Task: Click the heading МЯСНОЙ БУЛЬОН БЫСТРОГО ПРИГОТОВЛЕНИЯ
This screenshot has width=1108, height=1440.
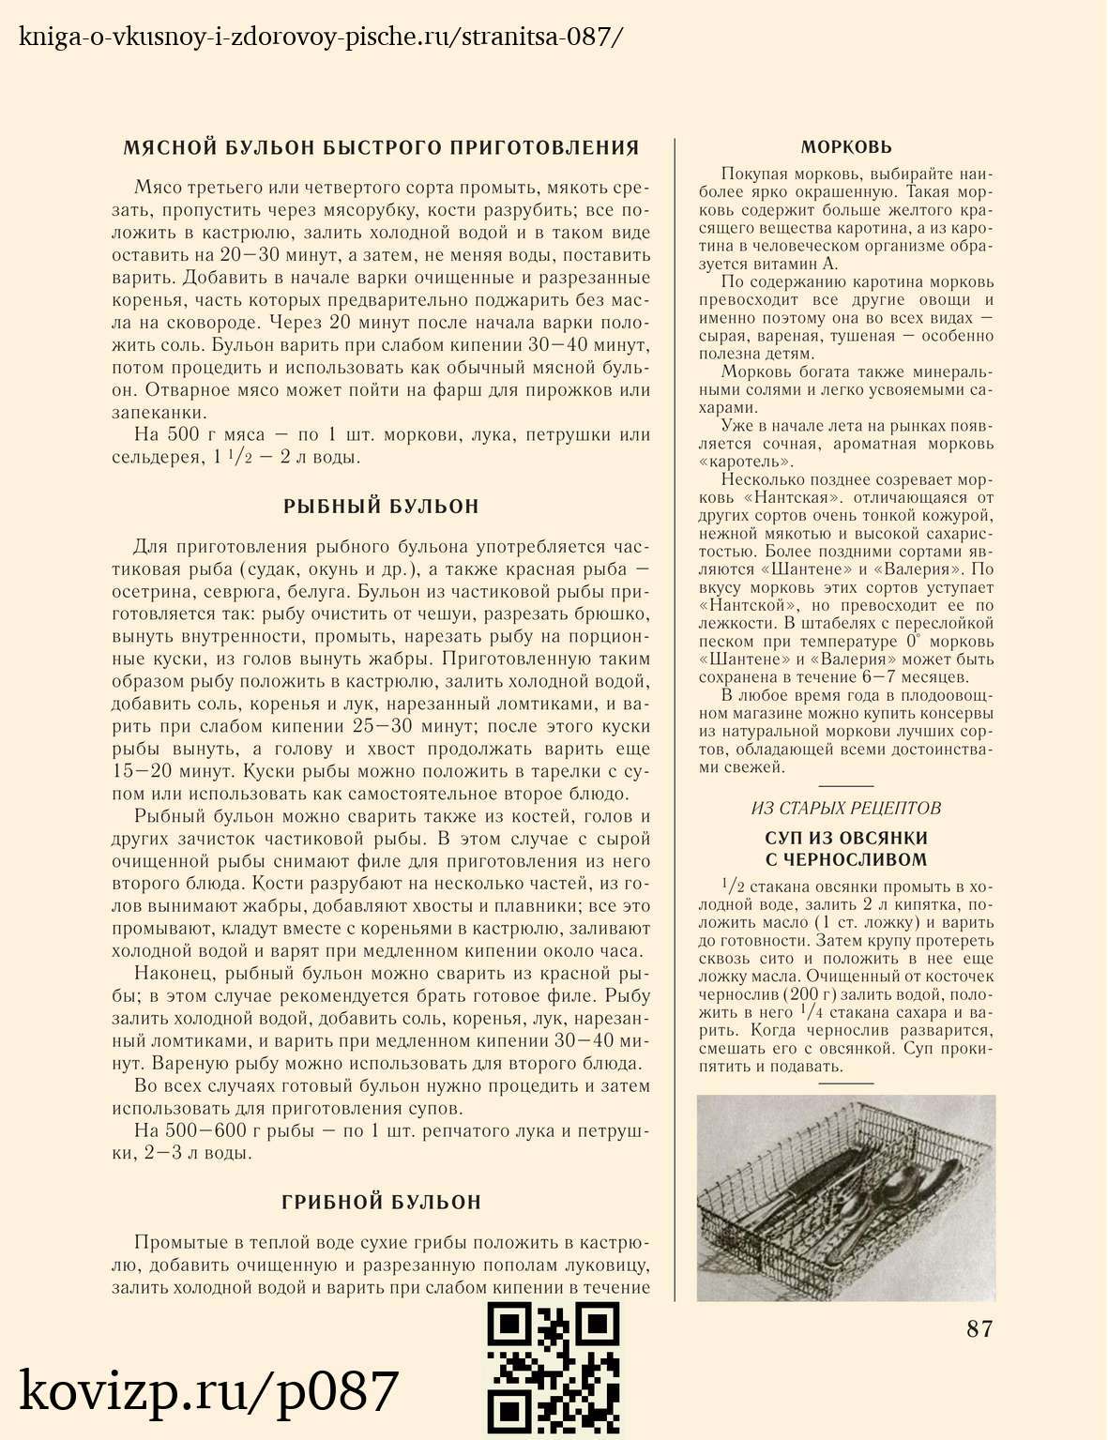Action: (381, 147)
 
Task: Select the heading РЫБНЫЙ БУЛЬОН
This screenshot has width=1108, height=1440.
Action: (381, 507)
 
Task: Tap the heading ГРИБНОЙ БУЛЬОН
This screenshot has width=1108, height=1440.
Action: (381, 1202)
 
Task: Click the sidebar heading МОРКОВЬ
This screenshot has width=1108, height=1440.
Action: (846, 147)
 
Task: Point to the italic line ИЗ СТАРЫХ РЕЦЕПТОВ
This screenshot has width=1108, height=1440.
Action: (846, 809)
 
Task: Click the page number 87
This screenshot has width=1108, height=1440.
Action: (979, 1328)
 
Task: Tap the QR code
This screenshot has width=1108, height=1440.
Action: (554, 1370)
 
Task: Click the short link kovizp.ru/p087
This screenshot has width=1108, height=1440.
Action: (209, 1391)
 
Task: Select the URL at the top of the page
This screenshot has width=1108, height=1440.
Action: (320, 38)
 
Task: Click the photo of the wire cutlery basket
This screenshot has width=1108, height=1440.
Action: (846, 1198)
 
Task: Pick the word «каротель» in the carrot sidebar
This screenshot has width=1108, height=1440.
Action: (746, 462)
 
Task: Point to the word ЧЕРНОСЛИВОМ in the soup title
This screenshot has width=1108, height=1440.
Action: (846, 859)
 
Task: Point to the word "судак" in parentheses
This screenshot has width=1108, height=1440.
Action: (271, 569)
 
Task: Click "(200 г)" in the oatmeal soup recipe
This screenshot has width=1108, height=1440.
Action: (811, 994)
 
